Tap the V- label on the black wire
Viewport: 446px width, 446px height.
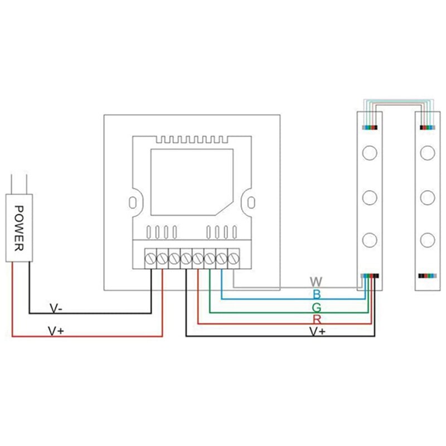click(56, 308)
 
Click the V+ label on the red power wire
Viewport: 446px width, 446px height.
click(56, 331)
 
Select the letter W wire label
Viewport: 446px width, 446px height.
click(316, 282)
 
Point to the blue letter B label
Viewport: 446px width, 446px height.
click(317, 294)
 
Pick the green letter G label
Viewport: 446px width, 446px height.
click(317, 307)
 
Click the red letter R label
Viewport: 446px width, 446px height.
click(317, 319)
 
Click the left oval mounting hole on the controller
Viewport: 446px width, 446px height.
click(133, 201)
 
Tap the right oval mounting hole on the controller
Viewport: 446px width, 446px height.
click(252, 201)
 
